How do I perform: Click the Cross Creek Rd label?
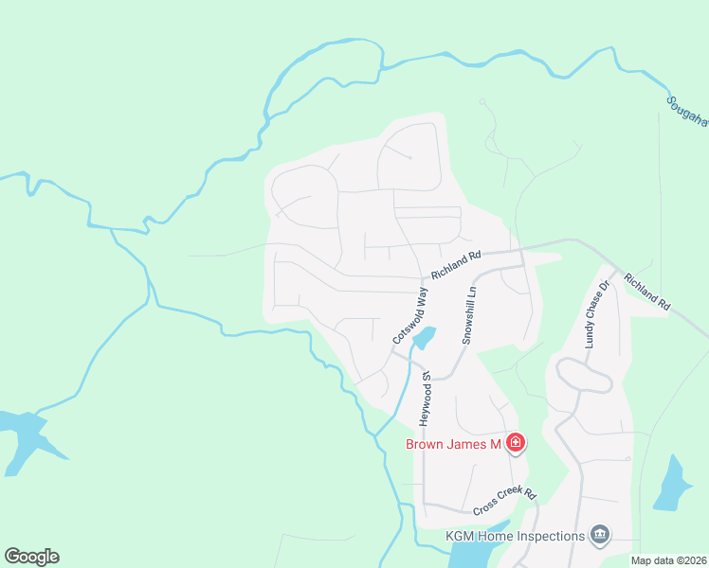click(504, 501)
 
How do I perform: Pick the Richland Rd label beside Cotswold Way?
click(456, 264)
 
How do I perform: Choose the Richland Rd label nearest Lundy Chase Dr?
click(647, 293)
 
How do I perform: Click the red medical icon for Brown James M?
click(516, 442)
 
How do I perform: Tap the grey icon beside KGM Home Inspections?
click(599, 536)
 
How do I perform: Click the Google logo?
click(31, 557)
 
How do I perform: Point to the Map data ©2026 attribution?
click(667, 560)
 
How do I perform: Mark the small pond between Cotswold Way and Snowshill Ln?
click(424, 337)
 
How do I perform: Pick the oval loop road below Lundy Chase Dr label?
click(584, 375)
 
